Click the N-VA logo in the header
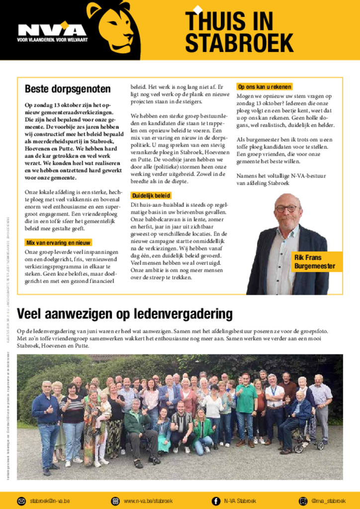[52, 29]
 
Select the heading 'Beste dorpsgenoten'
[68, 89]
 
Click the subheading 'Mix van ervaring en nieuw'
[58, 243]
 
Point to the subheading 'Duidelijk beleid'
[151, 196]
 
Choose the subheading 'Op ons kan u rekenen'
[264, 87]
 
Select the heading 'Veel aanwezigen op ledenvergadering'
[124, 314]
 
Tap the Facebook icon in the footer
[216, 501]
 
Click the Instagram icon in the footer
[303, 501]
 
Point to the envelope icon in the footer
[21, 501]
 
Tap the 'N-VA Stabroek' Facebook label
[240, 501]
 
